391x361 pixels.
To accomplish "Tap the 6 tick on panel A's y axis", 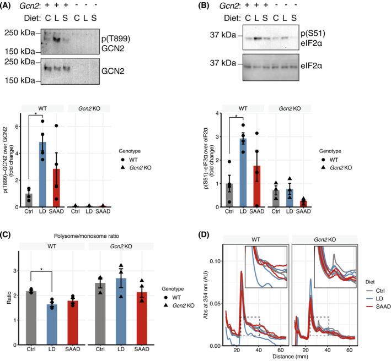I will (x=23, y=126).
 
